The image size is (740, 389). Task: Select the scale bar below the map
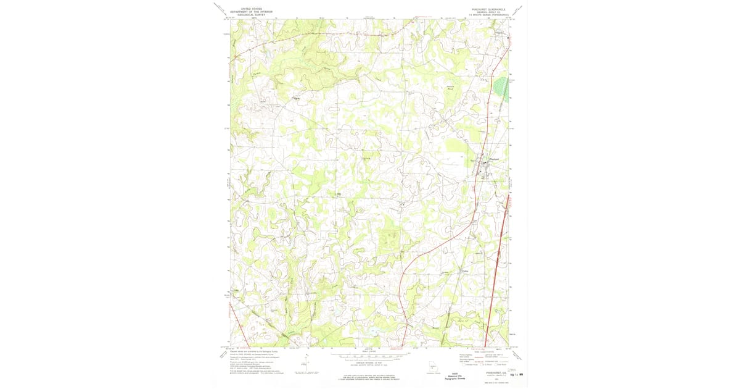point(370,356)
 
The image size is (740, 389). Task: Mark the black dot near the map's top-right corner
point(508,38)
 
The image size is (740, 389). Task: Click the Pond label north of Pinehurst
point(450,90)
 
